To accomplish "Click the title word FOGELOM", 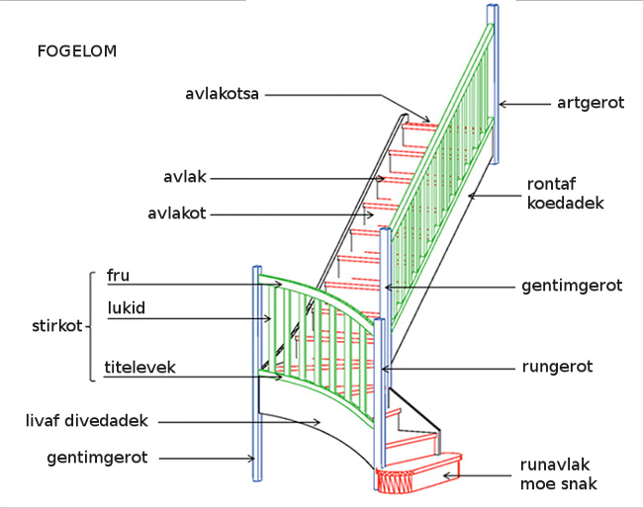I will pos(76,51).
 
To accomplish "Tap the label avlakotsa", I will pos(222,95).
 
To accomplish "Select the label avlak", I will pos(183,178).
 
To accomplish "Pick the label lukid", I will pos(126,308).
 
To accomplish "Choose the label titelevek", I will pos(140,367).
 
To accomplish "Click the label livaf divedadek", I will pos(86,421).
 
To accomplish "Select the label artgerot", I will pos(591,103).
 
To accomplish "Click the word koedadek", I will pos(565,204).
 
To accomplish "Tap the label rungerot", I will pos(557,367).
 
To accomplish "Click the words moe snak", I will pos(559,484).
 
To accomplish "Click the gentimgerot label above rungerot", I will pos(571,286).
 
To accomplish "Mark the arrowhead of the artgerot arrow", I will pos(503,103).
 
